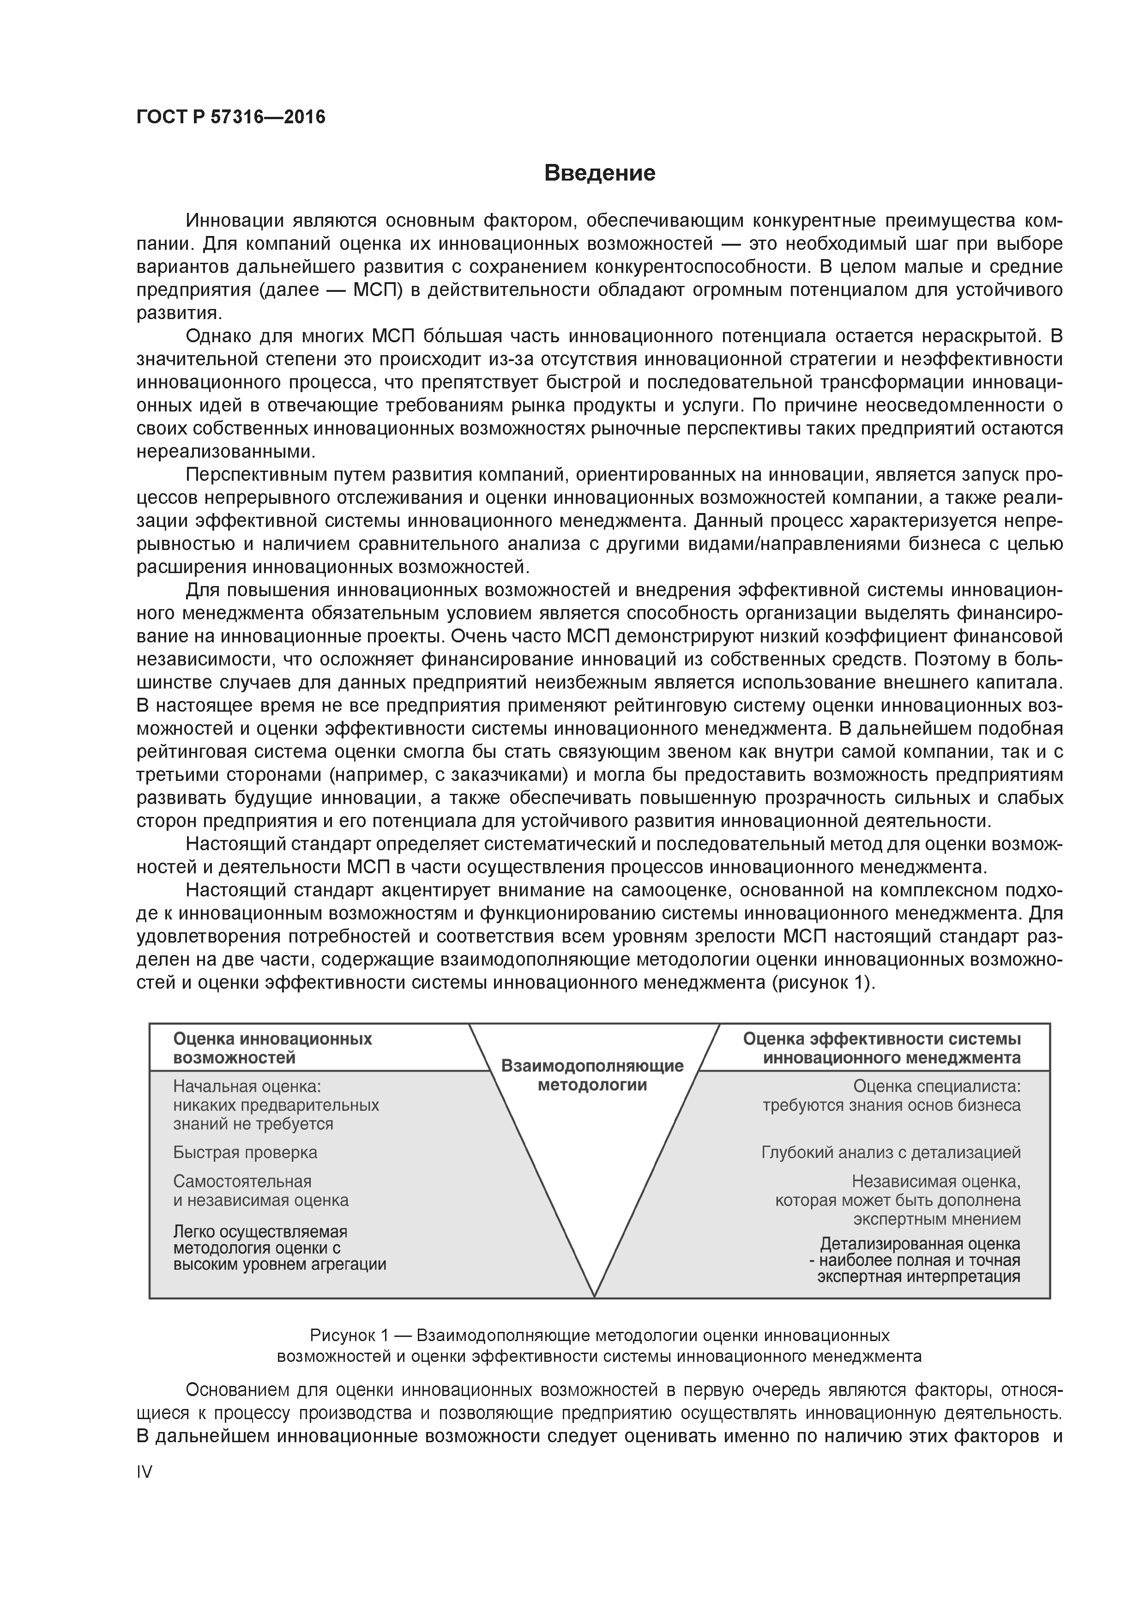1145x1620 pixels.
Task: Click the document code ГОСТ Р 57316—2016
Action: click(231, 117)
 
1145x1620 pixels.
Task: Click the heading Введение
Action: click(600, 173)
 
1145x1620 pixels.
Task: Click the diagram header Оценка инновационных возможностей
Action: click(272, 1048)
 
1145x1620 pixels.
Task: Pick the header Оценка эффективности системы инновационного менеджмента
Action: click(882, 1048)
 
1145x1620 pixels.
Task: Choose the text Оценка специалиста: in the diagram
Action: click(937, 1087)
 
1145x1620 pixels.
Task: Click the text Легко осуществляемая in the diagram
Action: click(260, 1231)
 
